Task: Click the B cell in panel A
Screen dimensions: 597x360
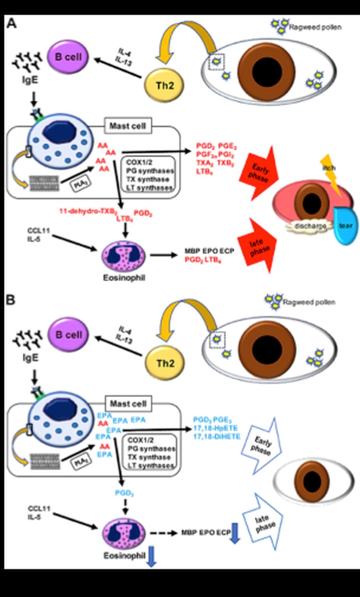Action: click(68, 57)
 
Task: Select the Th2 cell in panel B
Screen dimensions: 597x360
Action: click(165, 363)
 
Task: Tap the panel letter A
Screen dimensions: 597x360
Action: click(12, 23)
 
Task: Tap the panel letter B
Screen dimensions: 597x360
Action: click(11, 300)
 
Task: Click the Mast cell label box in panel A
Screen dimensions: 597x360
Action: click(127, 126)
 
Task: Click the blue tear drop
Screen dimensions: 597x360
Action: click(344, 226)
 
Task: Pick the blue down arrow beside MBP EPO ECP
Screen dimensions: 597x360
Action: click(235, 533)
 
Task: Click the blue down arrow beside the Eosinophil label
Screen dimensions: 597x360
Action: click(151, 556)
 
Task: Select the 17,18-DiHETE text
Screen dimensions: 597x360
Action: click(217, 436)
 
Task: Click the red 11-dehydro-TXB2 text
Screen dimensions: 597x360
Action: click(88, 211)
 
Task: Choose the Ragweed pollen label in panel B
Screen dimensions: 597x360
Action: click(309, 302)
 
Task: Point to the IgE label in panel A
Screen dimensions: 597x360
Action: click(30, 80)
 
